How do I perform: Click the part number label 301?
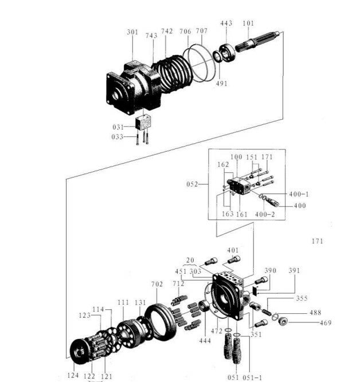pyautogui.click(x=132, y=33)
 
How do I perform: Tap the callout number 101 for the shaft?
pyautogui.click(x=248, y=23)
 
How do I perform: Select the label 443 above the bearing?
pyautogui.click(x=226, y=23)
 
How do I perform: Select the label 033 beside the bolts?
pyautogui.click(x=118, y=136)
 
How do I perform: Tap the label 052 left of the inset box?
pyautogui.click(x=192, y=184)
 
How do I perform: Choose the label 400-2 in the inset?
pyautogui.click(x=265, y=214)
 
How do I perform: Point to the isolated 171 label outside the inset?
pyautogui.click(x=318, y=241)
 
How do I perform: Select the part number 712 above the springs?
pyautogui.click(x=178, y=283)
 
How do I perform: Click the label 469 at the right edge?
pyautogui.click(x=326, y=323)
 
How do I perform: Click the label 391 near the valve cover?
pyautogui.click(x=294, y=270)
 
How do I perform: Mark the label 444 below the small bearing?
pyautogui.click(x=205, y=341)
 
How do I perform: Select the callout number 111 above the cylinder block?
pyautogui.click(x=123, y=302)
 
